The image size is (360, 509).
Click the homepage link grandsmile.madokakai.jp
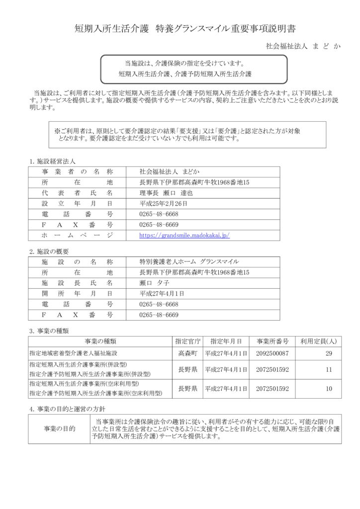coord(184,236)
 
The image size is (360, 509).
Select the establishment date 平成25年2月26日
coord(164,204)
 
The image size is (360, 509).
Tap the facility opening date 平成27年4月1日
coord(162,293)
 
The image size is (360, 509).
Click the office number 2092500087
coord(272,353)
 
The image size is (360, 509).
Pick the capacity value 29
coord(329,353)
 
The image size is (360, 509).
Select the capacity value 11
coord(329,370)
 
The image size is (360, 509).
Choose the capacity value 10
coord(329,389)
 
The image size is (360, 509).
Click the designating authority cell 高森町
coord(187,353)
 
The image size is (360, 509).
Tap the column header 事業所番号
coord(272,341)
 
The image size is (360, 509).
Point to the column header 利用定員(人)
coord(319,341)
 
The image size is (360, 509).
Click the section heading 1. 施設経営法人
coord(52,162)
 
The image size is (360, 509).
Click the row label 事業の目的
coord(60,428)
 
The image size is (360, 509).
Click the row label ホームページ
coord(78,236)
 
